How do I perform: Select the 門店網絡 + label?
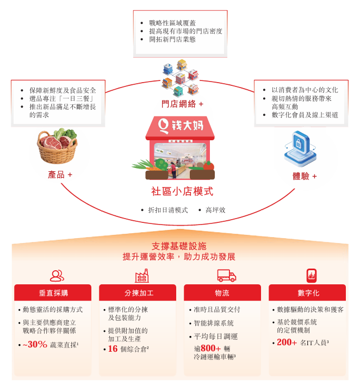click(182, 103)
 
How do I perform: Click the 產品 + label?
click(60, 175)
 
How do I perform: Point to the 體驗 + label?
click(305, 176)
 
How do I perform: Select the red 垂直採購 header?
click(53, 292)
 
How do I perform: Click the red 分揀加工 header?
click(139, 292)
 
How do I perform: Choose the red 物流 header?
click(222, 292)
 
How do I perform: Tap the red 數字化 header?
click(308, 292)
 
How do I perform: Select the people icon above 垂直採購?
click(57, 275)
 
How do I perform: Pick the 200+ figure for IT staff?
click(287, 343)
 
